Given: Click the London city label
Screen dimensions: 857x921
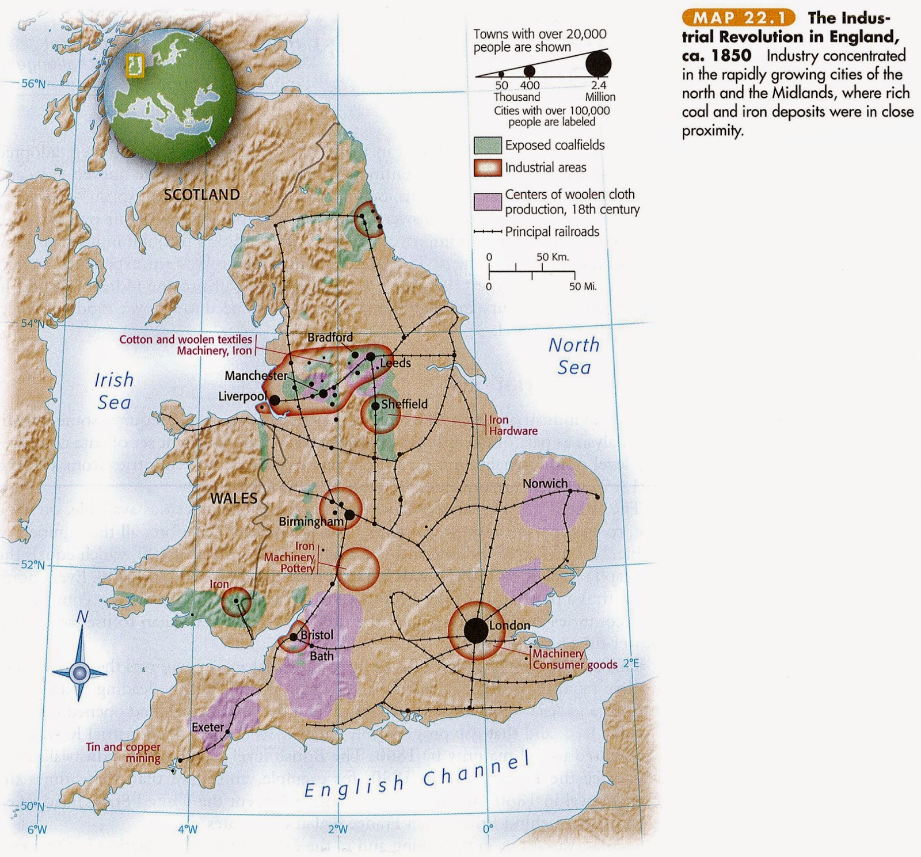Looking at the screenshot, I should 509,626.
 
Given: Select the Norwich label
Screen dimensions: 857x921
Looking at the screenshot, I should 545,483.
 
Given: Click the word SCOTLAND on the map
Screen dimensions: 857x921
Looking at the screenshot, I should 201,195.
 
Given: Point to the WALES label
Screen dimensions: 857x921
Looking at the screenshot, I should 234,498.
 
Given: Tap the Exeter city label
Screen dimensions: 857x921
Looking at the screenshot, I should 207,728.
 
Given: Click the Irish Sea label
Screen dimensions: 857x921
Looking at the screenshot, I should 114,391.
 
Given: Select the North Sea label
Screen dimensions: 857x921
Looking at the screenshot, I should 573,356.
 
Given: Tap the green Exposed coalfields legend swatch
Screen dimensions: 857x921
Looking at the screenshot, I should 488,145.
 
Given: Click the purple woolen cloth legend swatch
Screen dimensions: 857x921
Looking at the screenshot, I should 488,202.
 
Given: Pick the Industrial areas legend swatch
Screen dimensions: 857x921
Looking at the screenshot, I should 488,167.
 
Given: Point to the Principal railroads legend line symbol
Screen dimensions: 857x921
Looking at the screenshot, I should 488,232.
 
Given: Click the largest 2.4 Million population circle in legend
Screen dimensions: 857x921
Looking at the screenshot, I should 599,63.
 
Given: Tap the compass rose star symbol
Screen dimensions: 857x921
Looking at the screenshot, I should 80,672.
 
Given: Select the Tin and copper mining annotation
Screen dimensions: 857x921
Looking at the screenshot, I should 123,753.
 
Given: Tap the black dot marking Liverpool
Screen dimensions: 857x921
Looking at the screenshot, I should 275,400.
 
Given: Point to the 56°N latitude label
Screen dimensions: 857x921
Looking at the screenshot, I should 33,84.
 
